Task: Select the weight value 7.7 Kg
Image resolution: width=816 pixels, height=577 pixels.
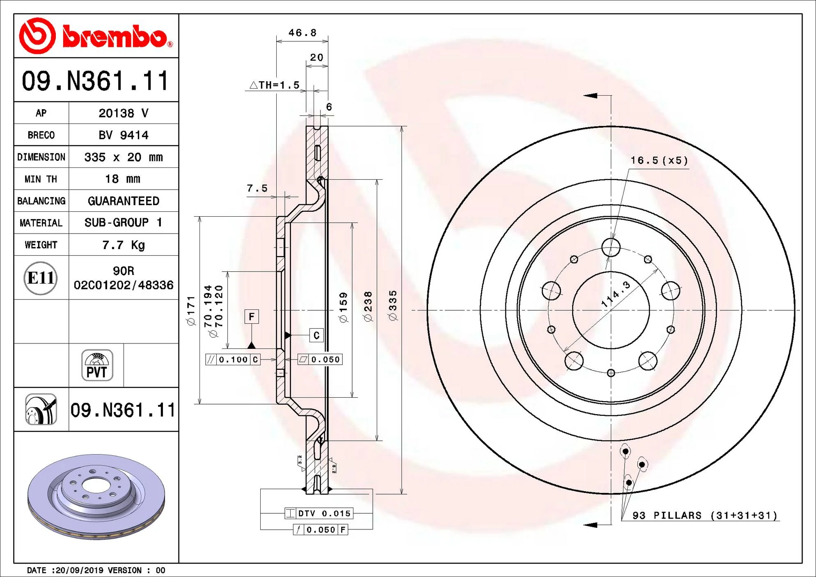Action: pos(124,245)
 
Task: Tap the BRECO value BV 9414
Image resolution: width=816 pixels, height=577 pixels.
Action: pos(124,135)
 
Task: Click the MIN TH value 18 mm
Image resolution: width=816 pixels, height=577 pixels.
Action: pos(123,179)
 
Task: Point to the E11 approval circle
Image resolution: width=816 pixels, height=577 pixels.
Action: pos(40,278)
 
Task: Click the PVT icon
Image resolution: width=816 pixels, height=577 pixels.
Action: pos(97,365)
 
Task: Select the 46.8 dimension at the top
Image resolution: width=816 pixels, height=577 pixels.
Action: pos(303,33)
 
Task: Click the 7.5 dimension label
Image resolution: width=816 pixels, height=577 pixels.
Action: pos(257,188)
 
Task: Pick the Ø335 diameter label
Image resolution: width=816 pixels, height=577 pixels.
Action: pos(393,305)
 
